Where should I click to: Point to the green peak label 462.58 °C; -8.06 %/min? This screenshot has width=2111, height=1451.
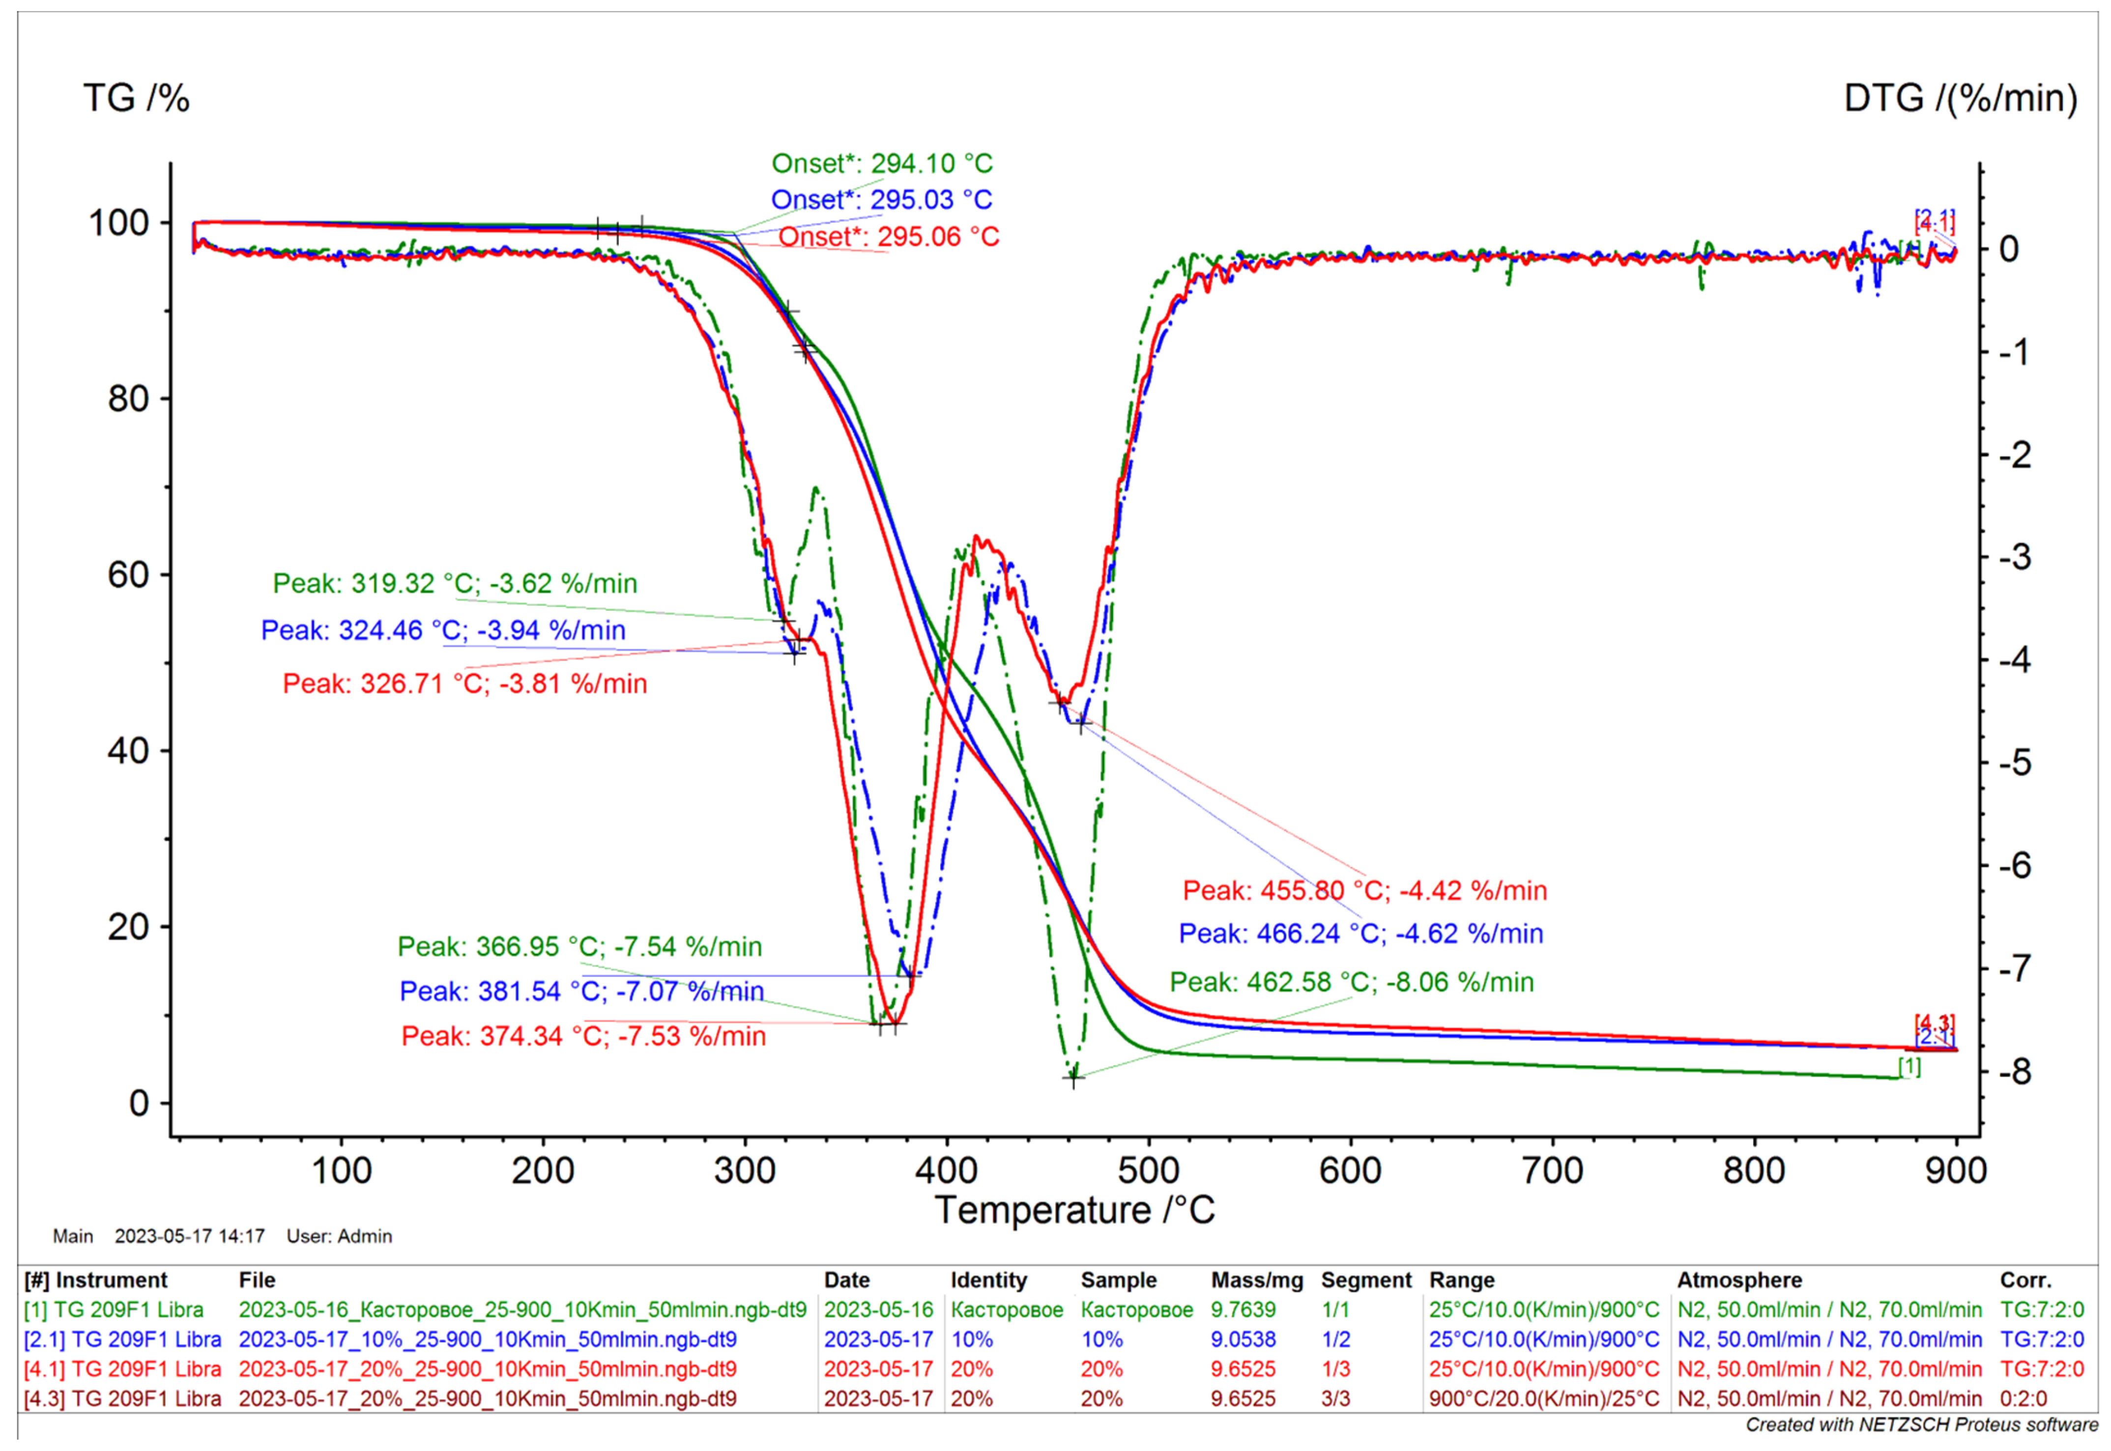click(x=1351, y=982)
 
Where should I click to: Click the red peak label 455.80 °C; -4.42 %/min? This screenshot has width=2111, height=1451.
click(x=1364, y=890)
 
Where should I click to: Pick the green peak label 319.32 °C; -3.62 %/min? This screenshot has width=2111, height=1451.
click(x=455, y=583)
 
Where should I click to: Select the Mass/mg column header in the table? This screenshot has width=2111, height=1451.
click(x=1256, y=1280)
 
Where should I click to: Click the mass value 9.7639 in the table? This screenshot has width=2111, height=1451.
click(x=1243, y=1310)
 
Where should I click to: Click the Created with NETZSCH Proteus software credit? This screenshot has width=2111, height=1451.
click(x=1921, y=1424)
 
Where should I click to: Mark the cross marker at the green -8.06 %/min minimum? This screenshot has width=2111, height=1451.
click(x=1073, y=1078)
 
